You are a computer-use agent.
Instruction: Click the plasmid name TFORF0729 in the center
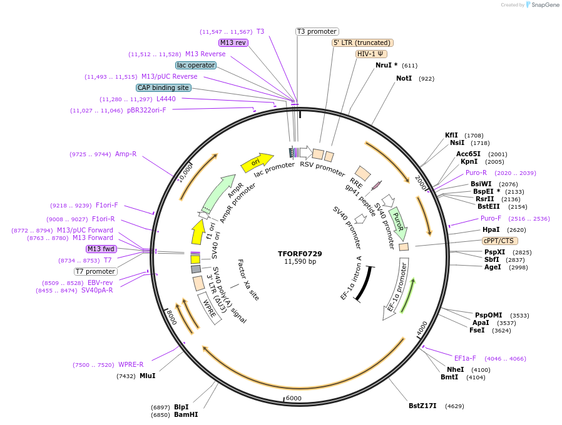(x=300, y=254)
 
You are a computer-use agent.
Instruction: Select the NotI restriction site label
(x=404, y=79)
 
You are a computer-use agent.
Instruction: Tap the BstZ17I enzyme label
(x=422, y=406)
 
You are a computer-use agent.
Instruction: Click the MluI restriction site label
(x=147, y=376)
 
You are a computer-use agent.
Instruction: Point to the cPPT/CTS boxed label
(x=499, y=241)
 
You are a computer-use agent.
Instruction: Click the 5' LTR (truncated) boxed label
(x=362, y=42)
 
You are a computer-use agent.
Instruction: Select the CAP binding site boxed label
(x=163, y=88)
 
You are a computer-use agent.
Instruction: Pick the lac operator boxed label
(x=196, y=65)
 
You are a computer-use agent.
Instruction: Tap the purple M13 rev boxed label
(x=233, y=42)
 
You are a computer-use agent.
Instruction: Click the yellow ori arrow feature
(x=257, y=161)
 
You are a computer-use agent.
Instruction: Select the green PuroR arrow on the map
(x=397, y=225)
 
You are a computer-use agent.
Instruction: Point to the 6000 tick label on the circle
(x=293, y=398)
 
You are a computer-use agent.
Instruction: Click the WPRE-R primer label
(x=131, y=365)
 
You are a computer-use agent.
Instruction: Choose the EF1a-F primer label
(x=465, y=359)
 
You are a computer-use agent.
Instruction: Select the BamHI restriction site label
(x=186, y=414)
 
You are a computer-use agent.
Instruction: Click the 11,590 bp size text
(x=300, y=262)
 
